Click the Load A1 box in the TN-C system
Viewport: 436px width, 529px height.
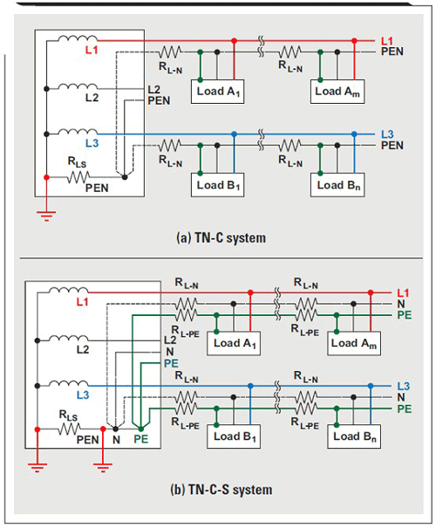click(x=217, y=92)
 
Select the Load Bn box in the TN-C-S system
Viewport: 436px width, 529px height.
click(x=354, y=436)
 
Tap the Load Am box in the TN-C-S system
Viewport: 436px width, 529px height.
click(x=354, y=343)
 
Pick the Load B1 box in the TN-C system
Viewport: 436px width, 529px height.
click(x=217, y=185)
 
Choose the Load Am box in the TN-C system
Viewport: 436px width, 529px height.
click(x=337, y=92)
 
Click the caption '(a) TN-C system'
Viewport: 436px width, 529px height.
click(x=221, y=237)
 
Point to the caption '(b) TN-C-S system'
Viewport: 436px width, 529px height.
click(x=221, y=490)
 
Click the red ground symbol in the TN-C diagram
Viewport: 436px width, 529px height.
click(x=46, y=216)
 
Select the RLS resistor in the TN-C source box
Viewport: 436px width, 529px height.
click(x=78, y=177)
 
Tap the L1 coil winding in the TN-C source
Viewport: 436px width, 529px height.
click(x=78, y=38)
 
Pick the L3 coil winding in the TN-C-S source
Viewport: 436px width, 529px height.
click(x=69, y=383)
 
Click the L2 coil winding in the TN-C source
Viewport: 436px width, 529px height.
click(x=78, y=86)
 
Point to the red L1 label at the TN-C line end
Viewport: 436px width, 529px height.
click(x=387, y=41)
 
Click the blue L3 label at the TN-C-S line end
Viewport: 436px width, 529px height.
click(x=404, y=386)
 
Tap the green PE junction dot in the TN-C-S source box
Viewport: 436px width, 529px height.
click(x=141, y=429)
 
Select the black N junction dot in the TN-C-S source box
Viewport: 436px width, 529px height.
click(x=116, y=429)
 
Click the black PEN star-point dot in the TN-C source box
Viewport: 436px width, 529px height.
click(x=125, y=177)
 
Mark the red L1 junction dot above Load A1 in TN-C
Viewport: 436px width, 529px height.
click(x=235, y=41)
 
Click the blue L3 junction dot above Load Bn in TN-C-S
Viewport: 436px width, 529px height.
click(x=371, y=386)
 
